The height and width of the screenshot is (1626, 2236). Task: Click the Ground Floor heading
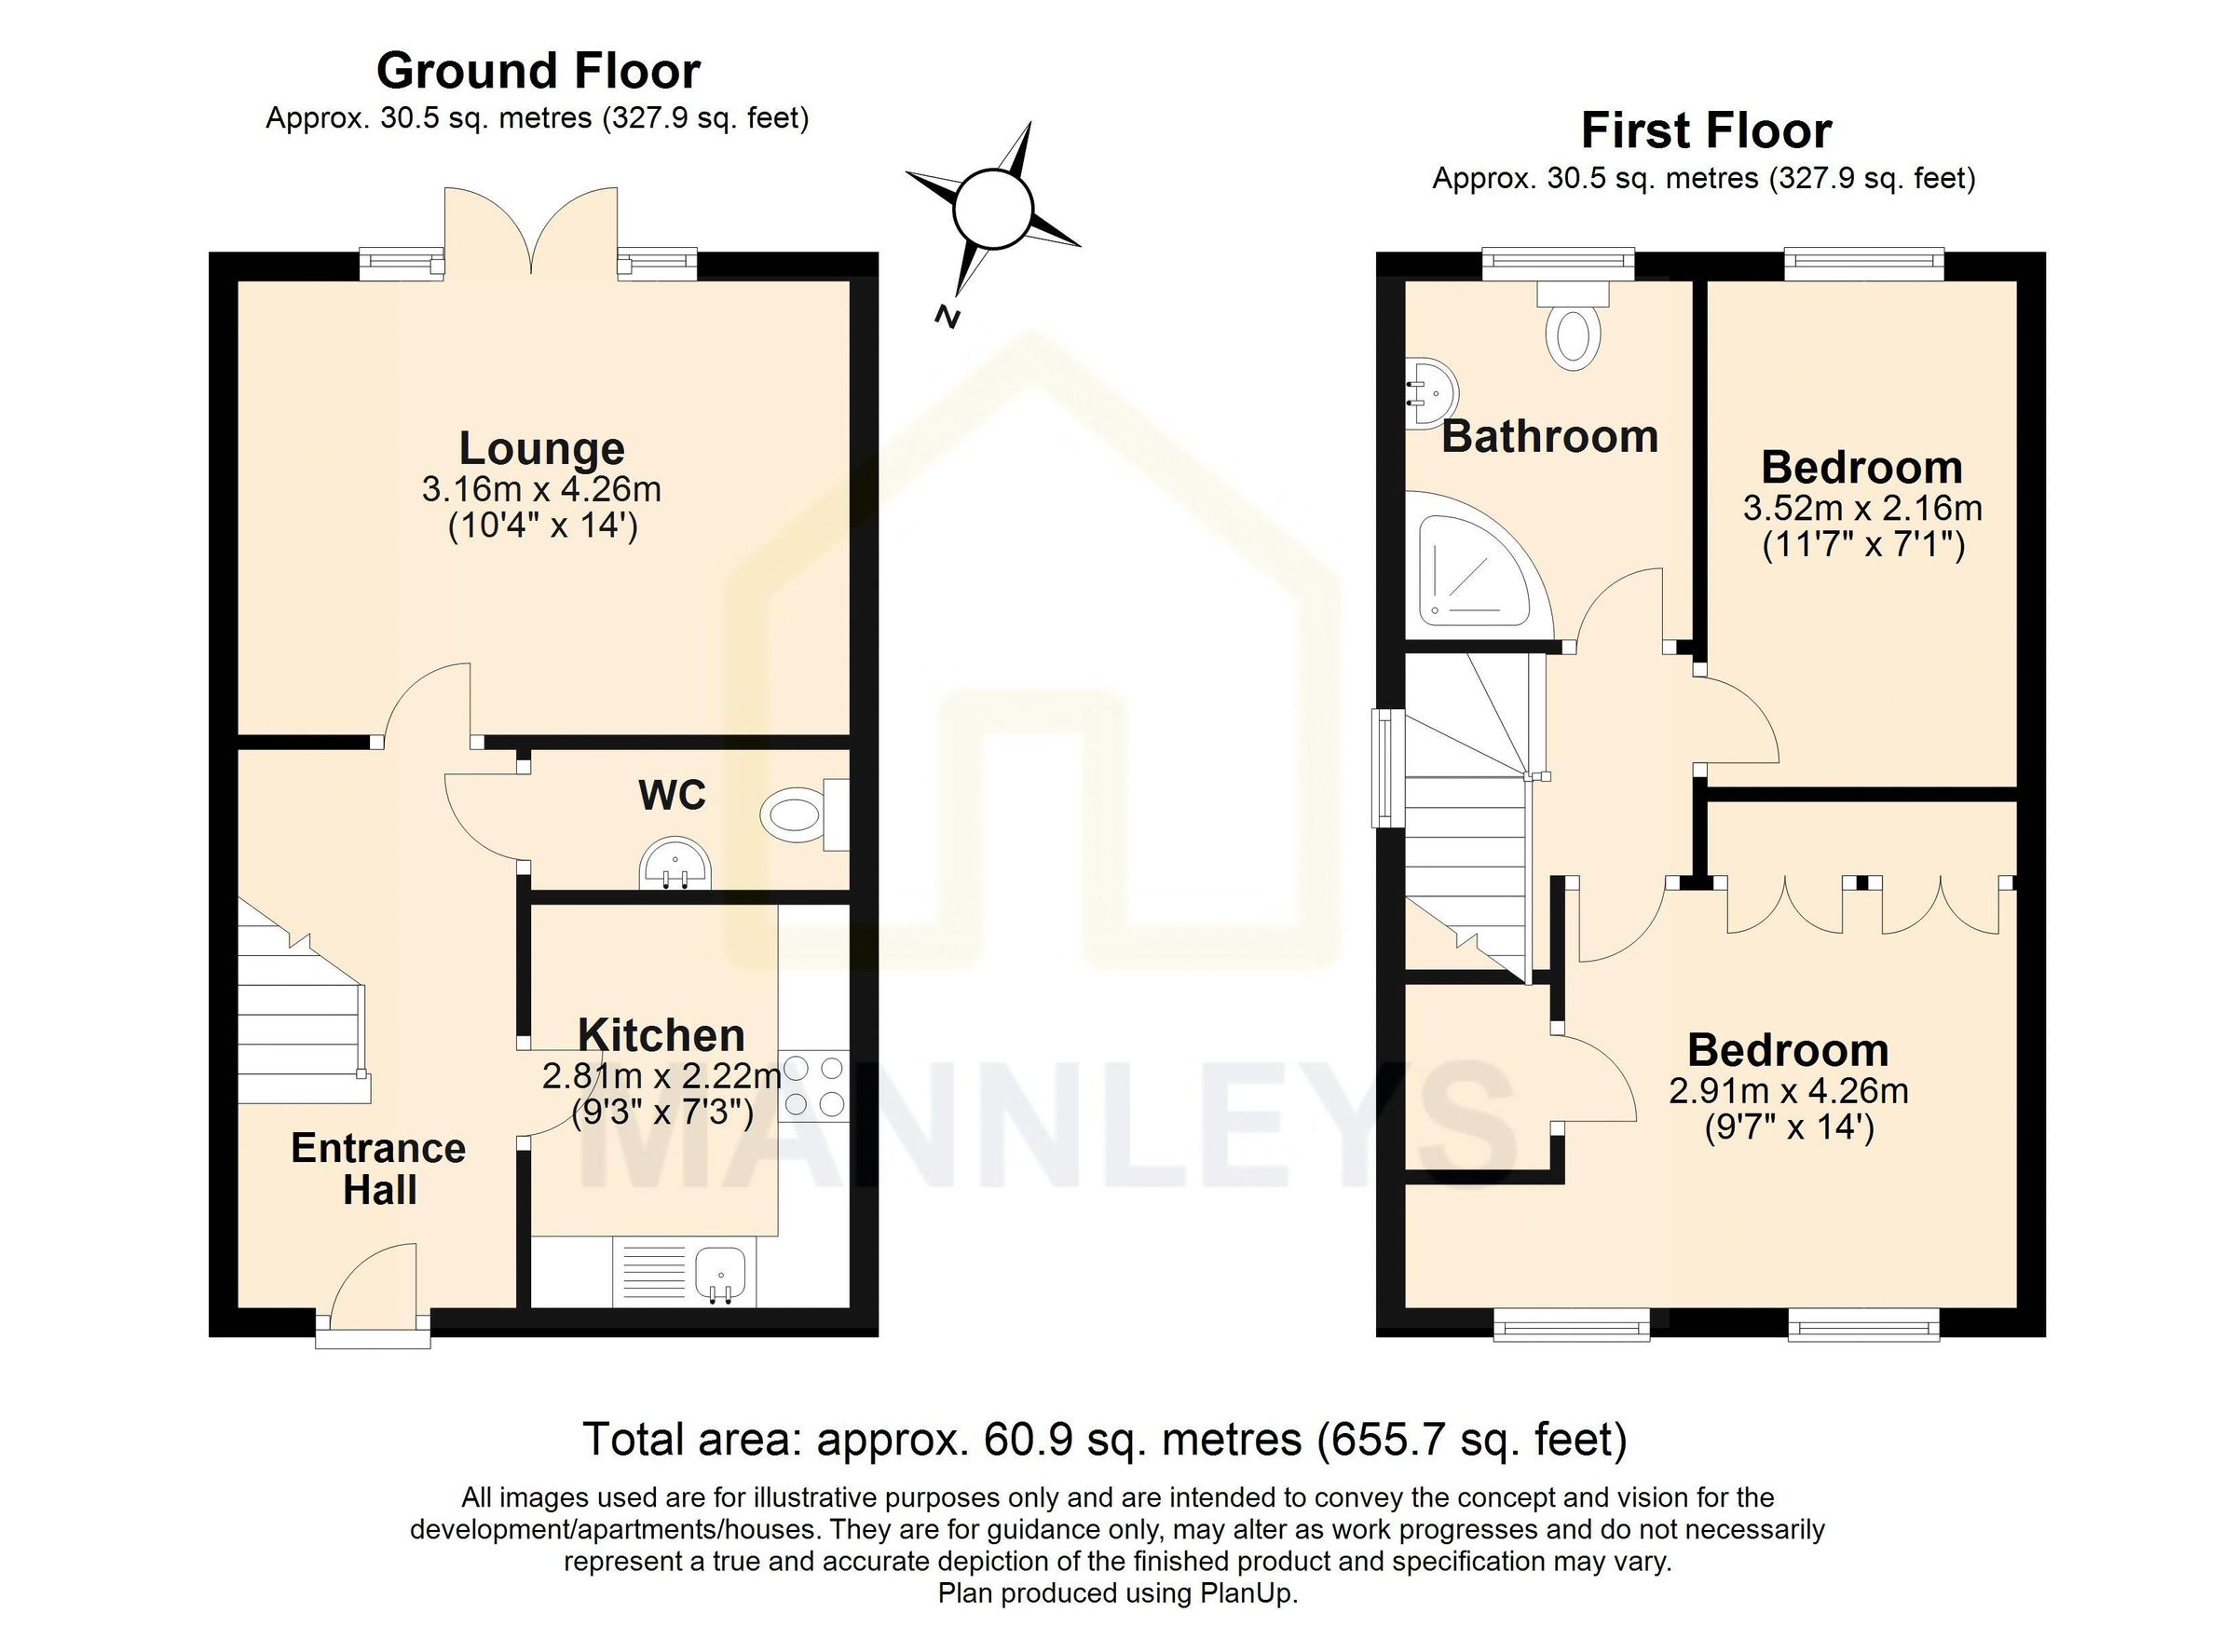pyautogui.click(x=539, y=72)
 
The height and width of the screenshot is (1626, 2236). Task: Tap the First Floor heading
pyautogui.click(x=1706, y=131)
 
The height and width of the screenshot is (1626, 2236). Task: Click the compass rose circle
pyautogui.click(x=993, y=209)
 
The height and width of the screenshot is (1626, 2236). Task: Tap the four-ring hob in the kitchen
pyautogui.click(x=813, y=1085)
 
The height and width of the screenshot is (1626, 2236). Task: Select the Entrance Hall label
pyautogui.click(x=378, y=1169)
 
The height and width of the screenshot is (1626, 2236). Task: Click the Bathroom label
pyautogui.click(x=1548, y=437)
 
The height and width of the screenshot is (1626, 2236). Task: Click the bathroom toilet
pyautogui.click(x=1573, y=331)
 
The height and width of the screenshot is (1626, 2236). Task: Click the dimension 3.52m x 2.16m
pyautogui.click(x=1861, y=509)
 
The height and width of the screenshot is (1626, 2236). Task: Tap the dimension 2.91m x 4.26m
pyautogui.click(x=1788, y=1091)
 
